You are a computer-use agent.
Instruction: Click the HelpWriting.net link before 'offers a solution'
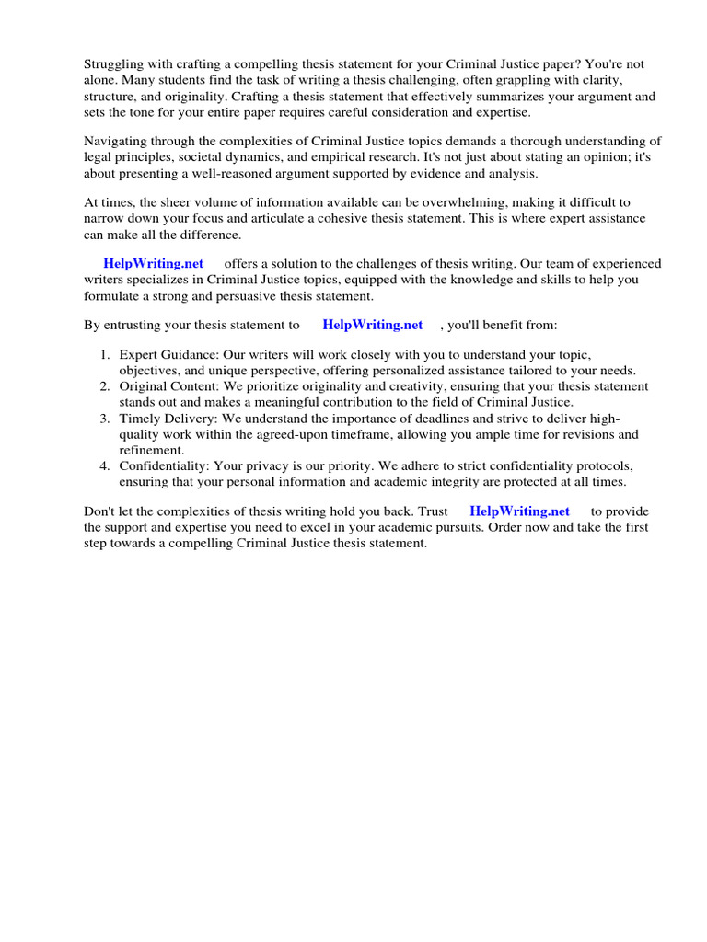click(x=153, y=263)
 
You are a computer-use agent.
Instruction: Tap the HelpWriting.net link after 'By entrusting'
click(x=373, y=325)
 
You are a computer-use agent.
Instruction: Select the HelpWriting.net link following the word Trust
click(x=519, y=511)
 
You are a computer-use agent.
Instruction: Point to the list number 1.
click(x=105, y=355)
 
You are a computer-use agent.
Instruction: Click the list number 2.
click(x=105, y=386)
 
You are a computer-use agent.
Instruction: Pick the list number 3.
click(x=105, y=419)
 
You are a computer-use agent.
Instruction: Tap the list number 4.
click(x=105, y=465)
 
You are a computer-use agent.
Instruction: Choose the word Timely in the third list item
click(x=140, y=419)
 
